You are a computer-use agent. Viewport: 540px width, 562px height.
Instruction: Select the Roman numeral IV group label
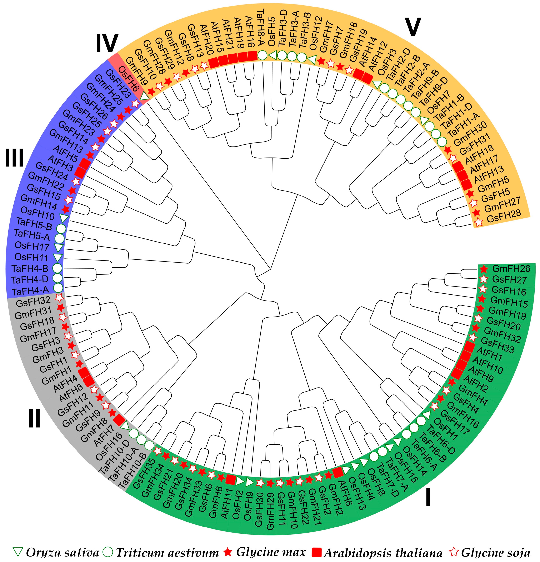(x=107, y=43)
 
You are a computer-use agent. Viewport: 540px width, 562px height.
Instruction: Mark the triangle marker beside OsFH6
(x=145, y=96)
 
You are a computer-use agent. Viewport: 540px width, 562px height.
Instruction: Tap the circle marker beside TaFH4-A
(x=58, y=287)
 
